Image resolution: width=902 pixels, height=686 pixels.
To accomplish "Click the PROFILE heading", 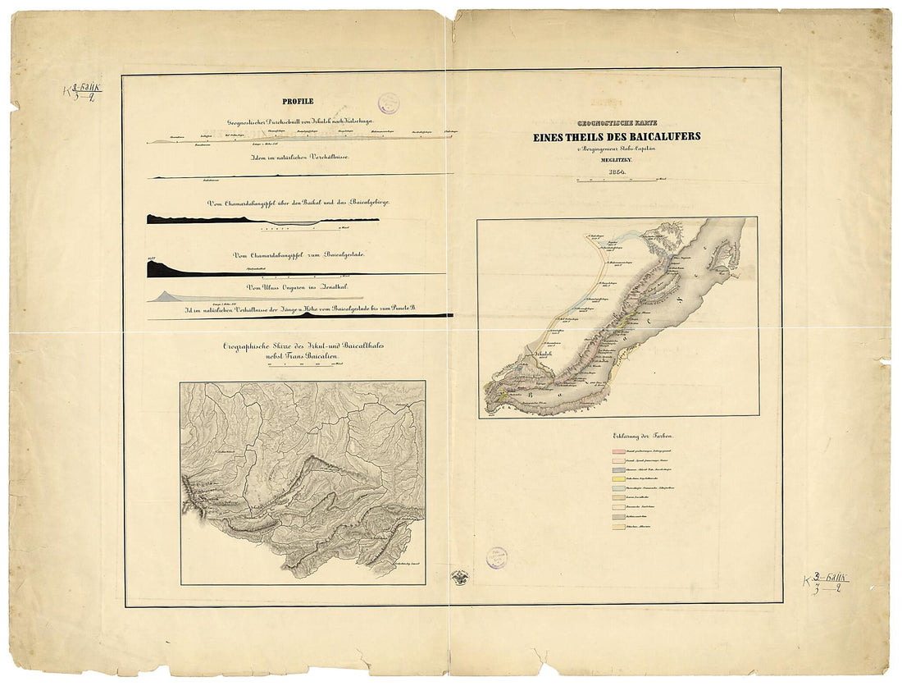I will click(298, 102).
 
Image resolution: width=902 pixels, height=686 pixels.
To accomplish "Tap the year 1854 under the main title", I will click(616, 171).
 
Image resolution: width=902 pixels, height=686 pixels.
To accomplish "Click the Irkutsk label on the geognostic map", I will click(544, 354).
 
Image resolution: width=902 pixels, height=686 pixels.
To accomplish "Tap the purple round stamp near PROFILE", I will click(388, 103).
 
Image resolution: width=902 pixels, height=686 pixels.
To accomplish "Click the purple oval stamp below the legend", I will click(496, 558).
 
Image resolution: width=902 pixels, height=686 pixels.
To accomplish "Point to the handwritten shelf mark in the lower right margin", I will click(825, 585).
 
